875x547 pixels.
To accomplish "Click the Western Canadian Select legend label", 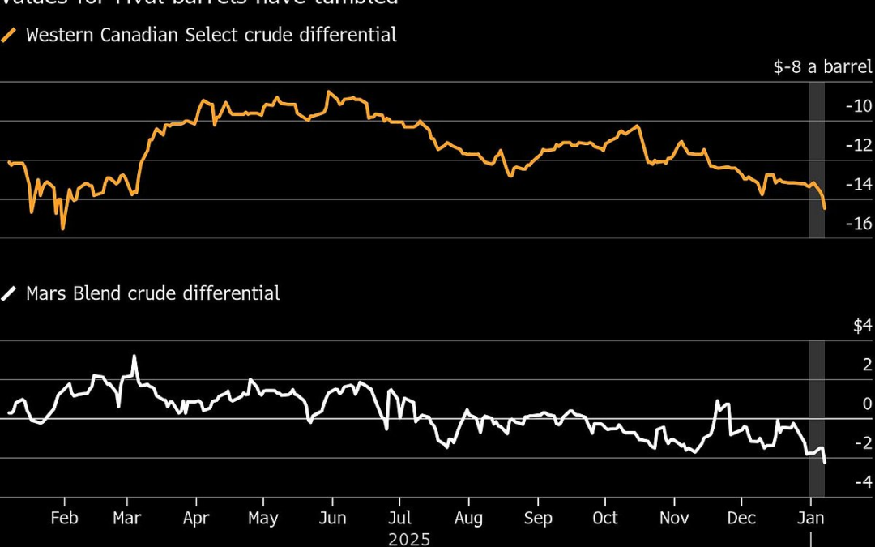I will [x=211, y=35].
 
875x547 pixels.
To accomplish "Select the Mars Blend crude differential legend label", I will [x=153, y=293].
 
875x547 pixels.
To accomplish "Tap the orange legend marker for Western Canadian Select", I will [x=10, y=36].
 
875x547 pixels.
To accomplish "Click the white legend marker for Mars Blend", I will [x=10, y=293].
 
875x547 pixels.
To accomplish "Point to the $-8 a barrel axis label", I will [x=822, y=66].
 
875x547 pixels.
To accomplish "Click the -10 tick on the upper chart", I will [x=858, y=106].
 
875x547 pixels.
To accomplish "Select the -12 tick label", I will [x=858, y=145].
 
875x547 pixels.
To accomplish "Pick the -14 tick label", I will [x=858, y=184].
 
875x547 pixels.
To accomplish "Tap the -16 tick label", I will [x=858, y=223].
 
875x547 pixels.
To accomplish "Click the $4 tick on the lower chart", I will [x=862, y=326].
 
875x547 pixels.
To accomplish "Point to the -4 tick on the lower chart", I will [x=862, y=482].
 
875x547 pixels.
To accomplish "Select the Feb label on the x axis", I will [x=64, y=518].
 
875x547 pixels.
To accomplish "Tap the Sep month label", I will [x=538, y=518].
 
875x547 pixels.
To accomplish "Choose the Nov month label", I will [x=675, y=518].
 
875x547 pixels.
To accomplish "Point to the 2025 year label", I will [x=409, y=538].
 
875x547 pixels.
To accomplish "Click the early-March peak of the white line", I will [x=134, y=356].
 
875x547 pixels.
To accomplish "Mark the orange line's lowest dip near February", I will [x=63, y=229].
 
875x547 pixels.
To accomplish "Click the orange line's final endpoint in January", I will [x=825, y=209].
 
